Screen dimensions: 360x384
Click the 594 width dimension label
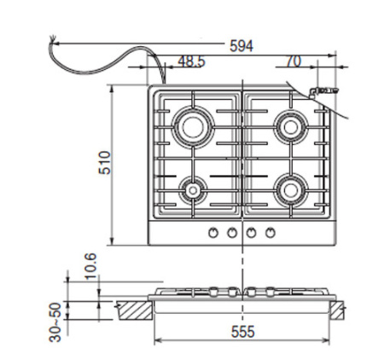pos(242,45)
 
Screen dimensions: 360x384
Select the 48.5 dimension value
pos(191,61)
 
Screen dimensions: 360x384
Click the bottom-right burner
pos(291,187)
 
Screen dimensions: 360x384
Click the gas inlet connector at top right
pos(323,90)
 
